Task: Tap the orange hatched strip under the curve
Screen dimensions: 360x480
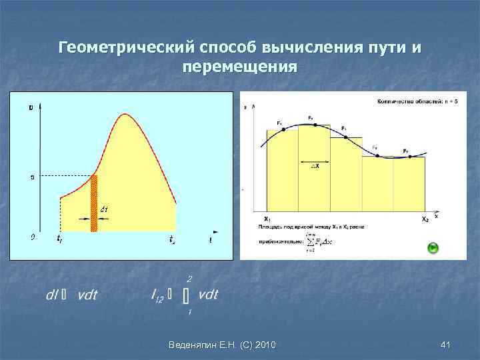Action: click(94, 203)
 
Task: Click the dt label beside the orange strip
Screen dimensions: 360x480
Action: click(104, 209)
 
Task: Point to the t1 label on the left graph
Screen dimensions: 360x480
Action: click(60, 239)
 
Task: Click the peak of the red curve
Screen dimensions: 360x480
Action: click(123, 115)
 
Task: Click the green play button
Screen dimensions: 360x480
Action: click(433, 248)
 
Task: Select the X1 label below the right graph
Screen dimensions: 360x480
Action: click(267, 219)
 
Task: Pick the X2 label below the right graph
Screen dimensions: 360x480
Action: click(425, 219)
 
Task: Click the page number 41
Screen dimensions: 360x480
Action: click(446, 344)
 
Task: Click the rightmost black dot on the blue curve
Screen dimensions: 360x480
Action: click(410, 157)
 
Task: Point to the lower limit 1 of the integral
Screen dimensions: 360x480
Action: click(189, 311)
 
